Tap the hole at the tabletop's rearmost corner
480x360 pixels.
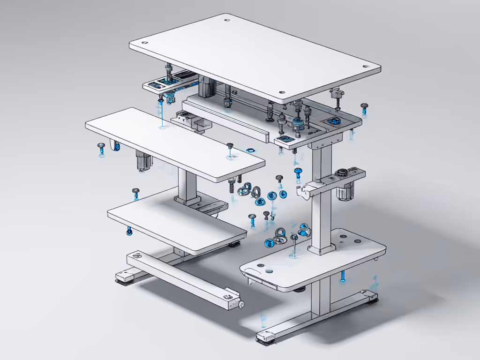pos(227,21)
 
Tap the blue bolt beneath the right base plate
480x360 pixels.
pos(343,277)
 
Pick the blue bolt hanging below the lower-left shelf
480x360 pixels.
pos(129,231)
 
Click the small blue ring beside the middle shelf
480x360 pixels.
pos(250,150)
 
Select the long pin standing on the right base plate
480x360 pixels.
pos(294,245)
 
